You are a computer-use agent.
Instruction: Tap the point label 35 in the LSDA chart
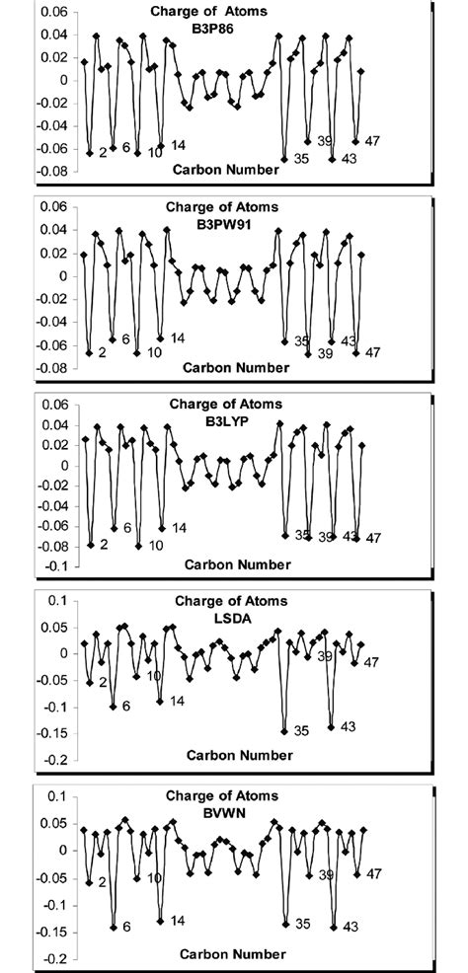(x=301, y=730)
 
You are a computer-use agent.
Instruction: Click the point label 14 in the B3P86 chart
(x=179, y=146)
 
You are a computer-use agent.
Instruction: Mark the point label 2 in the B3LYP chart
(x=103, y=544)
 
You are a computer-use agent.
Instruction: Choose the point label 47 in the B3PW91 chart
(x=373, y=352)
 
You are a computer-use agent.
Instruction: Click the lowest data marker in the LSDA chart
(x=284, y=731)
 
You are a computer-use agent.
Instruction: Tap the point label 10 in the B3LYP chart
(x=156, y=545)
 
